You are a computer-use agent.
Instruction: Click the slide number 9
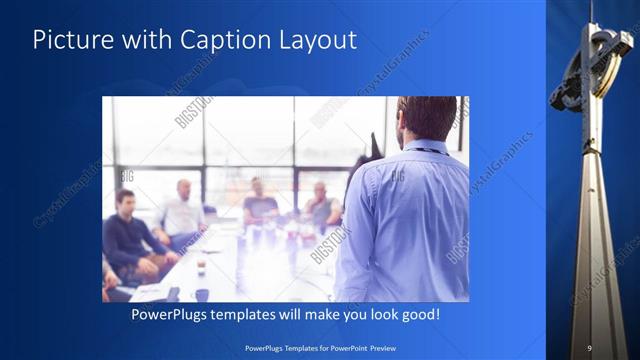589,347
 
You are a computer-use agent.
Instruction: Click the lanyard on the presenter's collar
425,150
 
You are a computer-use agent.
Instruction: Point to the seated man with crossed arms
322,207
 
